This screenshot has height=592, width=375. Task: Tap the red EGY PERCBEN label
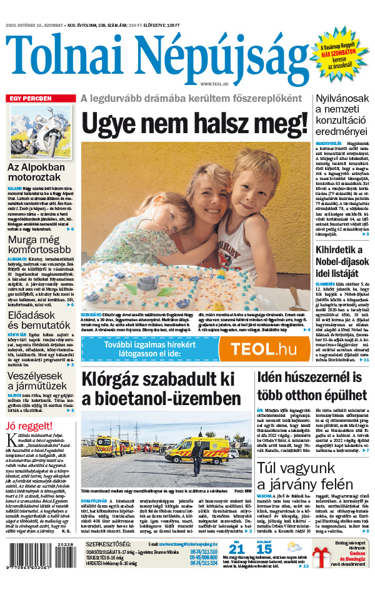29,99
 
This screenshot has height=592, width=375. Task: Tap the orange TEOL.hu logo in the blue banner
266,349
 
